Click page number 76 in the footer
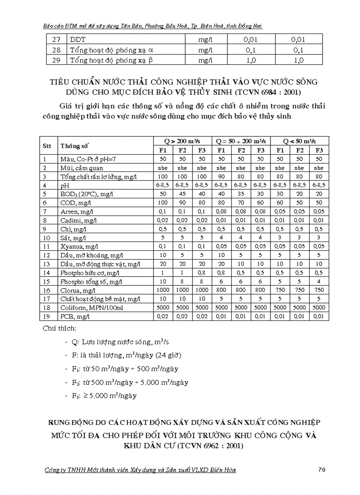[x=321, y=469]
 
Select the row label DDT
[x=78, y=40]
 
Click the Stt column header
[x=47, y=145]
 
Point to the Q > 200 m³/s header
[x=182, y=141]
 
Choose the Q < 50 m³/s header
[x=300, y=141]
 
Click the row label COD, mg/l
[x=79, y=202]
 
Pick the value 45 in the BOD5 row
[x=182, y=194]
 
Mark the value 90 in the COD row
[x=182, y=202]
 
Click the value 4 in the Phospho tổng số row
[x=320, y=281]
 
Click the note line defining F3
[x=104, y=395]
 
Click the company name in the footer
[x=141, y=470]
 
